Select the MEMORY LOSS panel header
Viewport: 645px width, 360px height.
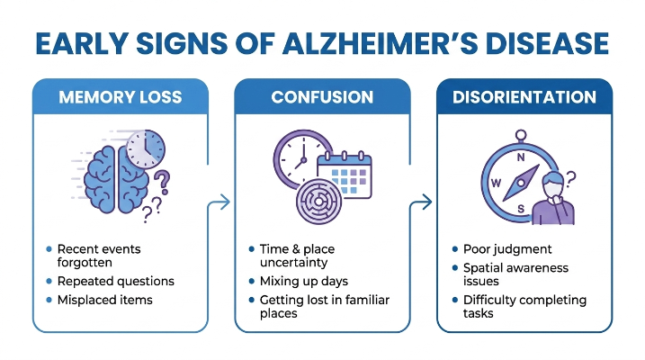(121, 96)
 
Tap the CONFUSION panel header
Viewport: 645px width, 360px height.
(322, 96)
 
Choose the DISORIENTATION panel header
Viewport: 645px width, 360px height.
(524, 96)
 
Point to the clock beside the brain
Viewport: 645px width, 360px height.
(146, 149)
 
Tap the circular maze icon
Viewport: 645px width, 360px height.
(318, 202)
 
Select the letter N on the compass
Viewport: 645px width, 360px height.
(521, 157)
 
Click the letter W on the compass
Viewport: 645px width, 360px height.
(496, 183)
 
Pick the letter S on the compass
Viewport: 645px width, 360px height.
(521, 209)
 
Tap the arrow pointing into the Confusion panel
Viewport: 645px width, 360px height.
(219, 202)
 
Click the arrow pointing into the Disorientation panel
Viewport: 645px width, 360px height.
(421, 202)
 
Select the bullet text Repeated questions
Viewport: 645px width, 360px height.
(115, 281)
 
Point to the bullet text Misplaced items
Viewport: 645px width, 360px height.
(105, 300)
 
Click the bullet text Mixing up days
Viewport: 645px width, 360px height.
(304, 281)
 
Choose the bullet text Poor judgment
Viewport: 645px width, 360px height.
(507, 249)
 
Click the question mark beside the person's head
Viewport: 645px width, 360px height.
(570, 179)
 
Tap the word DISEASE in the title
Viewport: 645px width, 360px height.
(547, 43)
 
